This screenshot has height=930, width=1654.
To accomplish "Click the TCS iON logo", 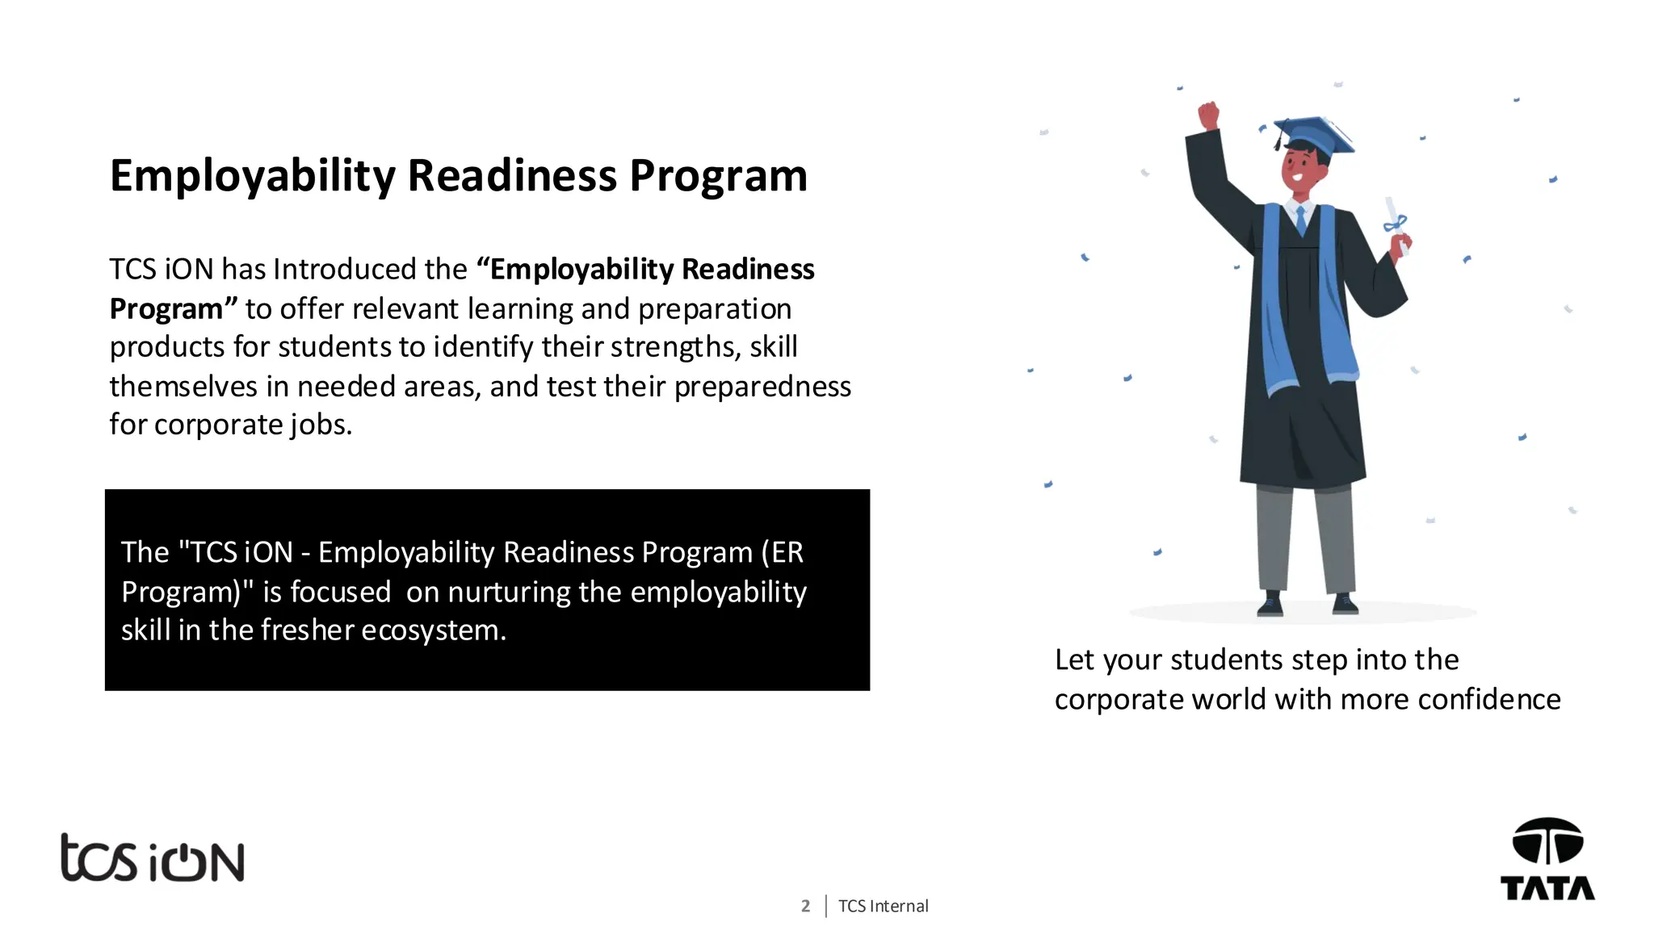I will click(153, 858).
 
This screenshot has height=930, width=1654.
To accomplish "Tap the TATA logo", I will click(1547, 859).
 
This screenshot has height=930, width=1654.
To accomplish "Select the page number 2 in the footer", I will click(805, 906).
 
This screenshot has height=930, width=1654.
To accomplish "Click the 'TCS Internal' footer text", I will click(884, 906).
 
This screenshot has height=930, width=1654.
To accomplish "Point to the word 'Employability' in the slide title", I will click(252, 176).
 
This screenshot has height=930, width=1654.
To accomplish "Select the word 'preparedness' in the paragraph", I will click(762, 387).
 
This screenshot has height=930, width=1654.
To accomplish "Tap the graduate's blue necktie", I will click(1300, 219).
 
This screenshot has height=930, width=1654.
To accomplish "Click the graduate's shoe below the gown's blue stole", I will click(1270, 603).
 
